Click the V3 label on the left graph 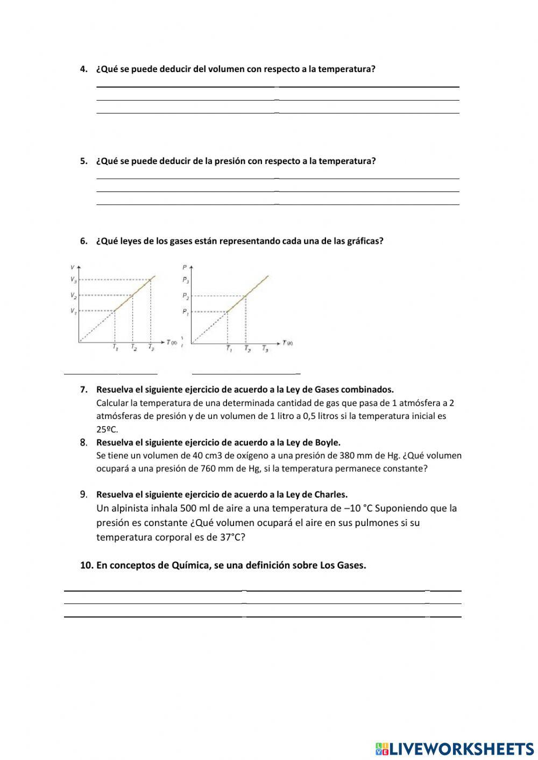pyautogui.click(x=73, y=279)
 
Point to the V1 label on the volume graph pyautogui.click(x=73, y=311)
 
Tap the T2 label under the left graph pyautogui.click(x=134, y=347)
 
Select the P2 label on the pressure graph pyautogui.click(x=186, y=296)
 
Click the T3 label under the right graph pyautogui.click(x=265, y=349)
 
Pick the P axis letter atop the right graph pyautogui.click(x=185, y=266)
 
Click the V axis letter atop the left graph pyautogui.click(x=72, y=267)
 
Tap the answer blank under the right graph pyautogui.click(x=246, y=372)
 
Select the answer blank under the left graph pyautogui.click(x=110, y=372)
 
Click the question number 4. pyautogui.click(x=83, y=69)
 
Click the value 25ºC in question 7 pyautogui.click(x=107, y=429)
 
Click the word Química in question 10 pyautogui.click(x=190, y=565)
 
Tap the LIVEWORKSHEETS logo pyautogui.click(x=455, y=748)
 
